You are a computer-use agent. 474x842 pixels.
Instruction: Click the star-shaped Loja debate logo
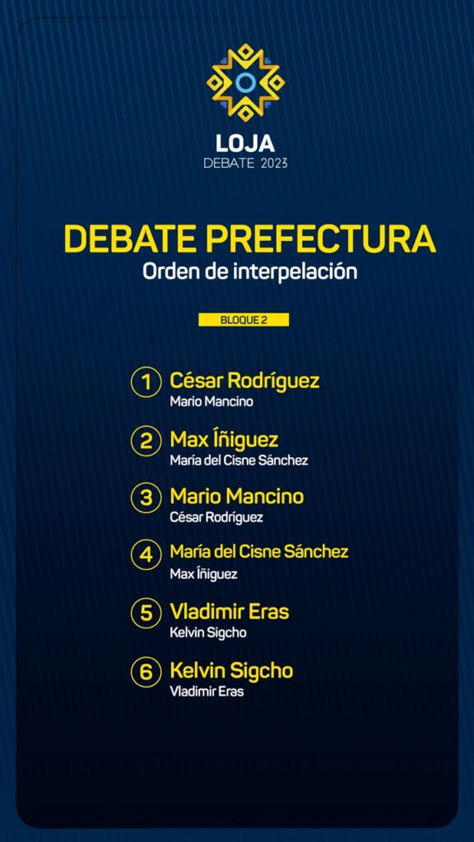(x=245, y=82)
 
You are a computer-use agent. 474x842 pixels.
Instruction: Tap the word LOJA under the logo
(x=245, y=143)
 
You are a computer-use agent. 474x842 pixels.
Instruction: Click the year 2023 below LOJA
(x=274, y=164)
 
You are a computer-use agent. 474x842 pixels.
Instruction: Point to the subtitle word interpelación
(x=295, y=271)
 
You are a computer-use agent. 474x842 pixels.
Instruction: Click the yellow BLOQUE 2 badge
(x=244, y=320)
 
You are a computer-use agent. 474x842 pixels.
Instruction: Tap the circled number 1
(x=146, y=382)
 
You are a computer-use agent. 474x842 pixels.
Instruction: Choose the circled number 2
(x=146, y=441)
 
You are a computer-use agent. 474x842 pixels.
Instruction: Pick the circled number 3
(x=146, y=498)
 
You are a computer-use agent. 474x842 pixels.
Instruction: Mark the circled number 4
(x=146, y=555)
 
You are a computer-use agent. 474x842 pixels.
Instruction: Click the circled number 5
(x=146, y=613)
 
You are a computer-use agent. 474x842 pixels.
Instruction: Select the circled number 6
(x=146, y=673)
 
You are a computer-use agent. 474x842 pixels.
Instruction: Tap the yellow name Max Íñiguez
(x=224, y=440)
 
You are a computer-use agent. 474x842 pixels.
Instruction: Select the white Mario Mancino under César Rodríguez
(x=211, y=401)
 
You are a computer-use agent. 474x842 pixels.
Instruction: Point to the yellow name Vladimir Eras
(x=230, y=612)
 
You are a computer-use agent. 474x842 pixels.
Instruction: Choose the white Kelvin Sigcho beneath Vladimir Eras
(x=208, y=633)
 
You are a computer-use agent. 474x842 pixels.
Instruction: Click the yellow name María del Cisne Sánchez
(x=259, y=552)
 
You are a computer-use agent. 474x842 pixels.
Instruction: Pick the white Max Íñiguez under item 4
(x=203, y=574)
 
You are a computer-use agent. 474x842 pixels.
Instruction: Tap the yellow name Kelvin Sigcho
(x=231, y=671)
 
